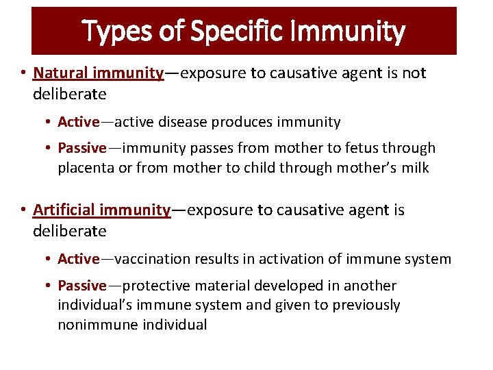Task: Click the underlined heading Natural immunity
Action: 98,73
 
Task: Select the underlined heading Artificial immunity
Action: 101,210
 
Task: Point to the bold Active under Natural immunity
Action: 78,122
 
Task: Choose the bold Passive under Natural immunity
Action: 81,148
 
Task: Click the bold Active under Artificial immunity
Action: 78,259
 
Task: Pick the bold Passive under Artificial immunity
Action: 81,285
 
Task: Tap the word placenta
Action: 86,168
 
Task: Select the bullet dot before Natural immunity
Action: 23,73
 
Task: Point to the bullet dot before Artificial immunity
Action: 23,210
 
